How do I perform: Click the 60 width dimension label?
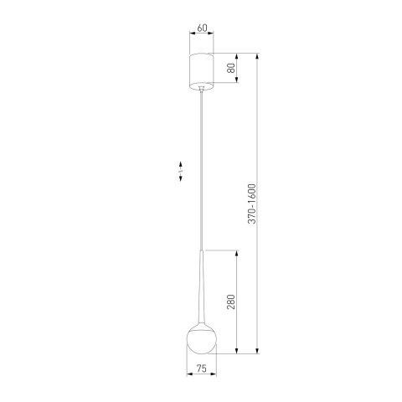coord(201,28)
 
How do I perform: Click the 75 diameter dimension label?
coord(201,367)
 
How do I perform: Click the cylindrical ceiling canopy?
coord(201,69)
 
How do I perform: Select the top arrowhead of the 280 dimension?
coord(240,251)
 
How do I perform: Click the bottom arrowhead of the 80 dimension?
coord(240,82)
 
